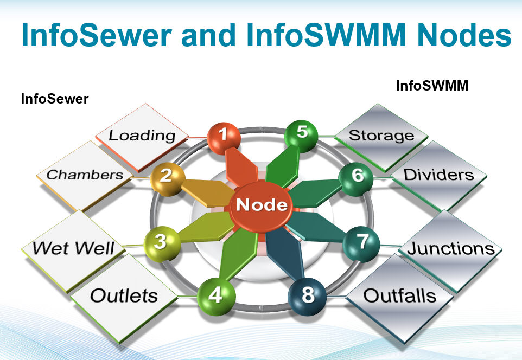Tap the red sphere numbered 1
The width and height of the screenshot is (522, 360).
[x=224, y=136]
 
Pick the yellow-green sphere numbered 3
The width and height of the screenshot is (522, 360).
[x=160, y=242]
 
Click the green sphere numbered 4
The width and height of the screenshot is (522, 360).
[x=216, y=295]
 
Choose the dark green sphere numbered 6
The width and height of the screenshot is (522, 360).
[x=356, y=176]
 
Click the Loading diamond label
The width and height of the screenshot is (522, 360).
[x=142, y=136]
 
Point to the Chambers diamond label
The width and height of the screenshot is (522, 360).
[x=85, y=175]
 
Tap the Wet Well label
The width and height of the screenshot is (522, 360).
[x=73, y=248]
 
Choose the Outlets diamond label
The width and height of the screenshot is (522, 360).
[x=124, y=296]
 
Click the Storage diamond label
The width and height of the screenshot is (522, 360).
[x=381, y=135]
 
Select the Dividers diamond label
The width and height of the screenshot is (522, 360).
[x=439, y=175]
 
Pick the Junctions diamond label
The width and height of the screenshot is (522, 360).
[x=450, y=248]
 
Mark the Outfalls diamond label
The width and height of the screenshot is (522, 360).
[x=399, y=296]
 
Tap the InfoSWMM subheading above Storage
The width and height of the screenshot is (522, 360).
[x=432, y=86]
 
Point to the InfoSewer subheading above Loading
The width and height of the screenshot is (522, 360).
[x=54, y=99]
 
